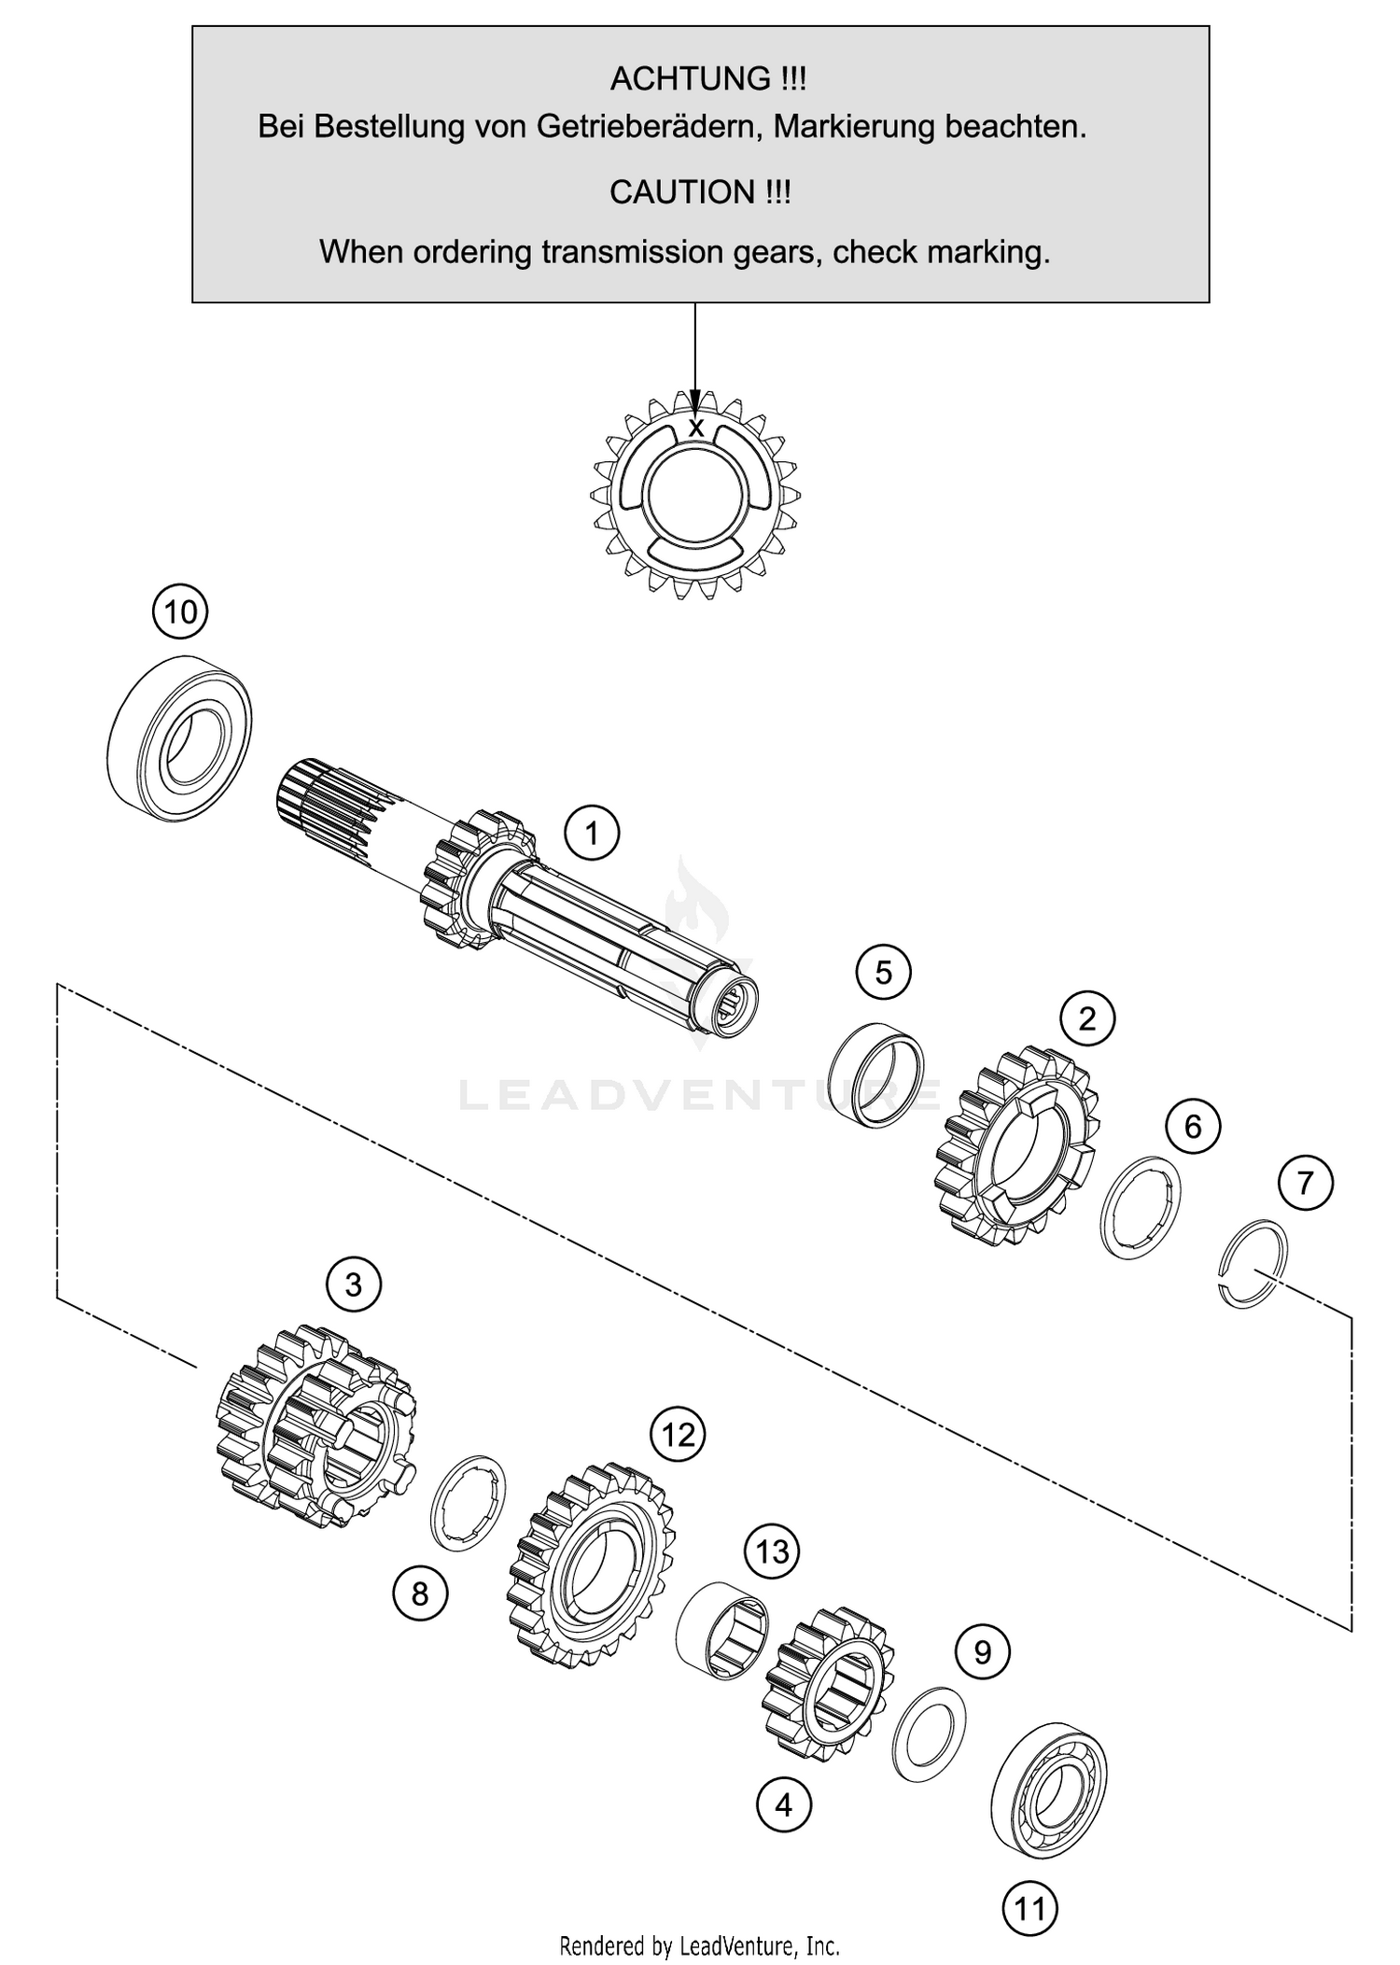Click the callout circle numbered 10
(180, 611)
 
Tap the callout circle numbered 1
(592, 832)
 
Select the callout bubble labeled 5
(883, 973)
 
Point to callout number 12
(679, 1434)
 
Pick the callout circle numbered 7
(1305, 1183)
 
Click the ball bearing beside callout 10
(179, 737)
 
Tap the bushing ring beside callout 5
(877, 1075)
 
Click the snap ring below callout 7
(1254, 1263)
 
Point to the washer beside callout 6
(1141, 1206)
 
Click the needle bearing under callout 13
(721, 1630)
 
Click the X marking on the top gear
(695, 428)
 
